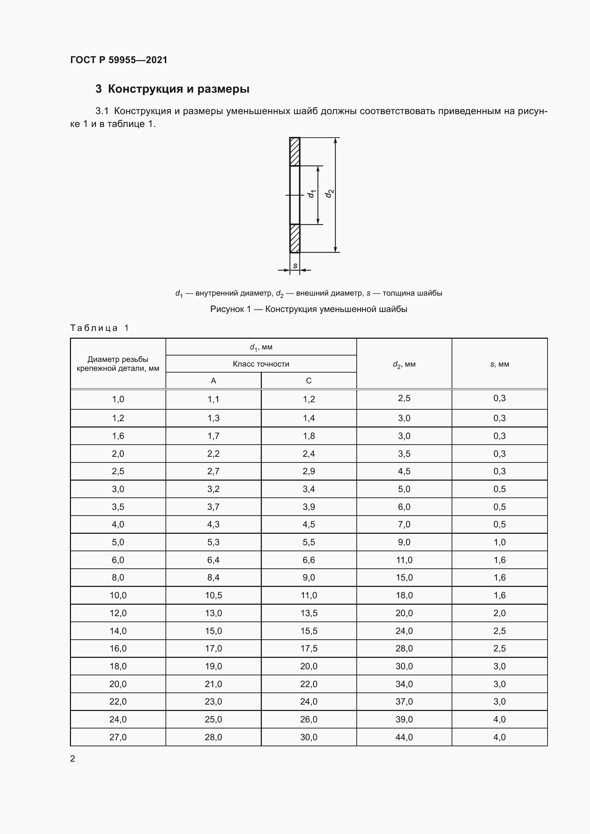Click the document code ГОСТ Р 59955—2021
click(x=119, y=60)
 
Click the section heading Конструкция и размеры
click(x=172, y=89)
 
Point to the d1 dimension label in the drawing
click(x=311, y=194)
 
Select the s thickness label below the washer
click(x=295, y=266)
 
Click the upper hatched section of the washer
click(x=295, y=152)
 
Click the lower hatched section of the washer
click(x=295, y=238)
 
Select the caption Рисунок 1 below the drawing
click(x=309, y=309)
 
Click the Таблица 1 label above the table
click(x=100, y=328)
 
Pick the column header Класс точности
click(x=261, y=364)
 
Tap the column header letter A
click(x=213, y=381)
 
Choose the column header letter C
click(x=309, y=381)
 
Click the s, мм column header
click(x=499, y=364)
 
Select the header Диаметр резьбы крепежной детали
click(x=118, y=364)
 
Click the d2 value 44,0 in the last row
click(x=404, y=737)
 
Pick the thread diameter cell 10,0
click(x=118, y=595)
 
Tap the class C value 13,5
click(x=309, y=613)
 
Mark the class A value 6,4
click(x=213, y=560)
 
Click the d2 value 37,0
click(x=404, y=701)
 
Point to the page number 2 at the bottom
click(x=73, y=758)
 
